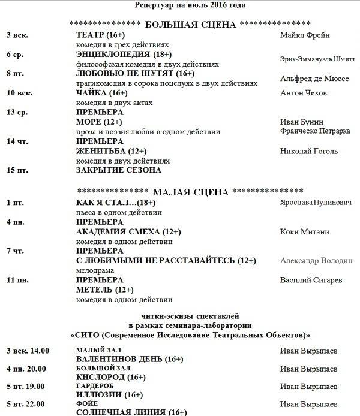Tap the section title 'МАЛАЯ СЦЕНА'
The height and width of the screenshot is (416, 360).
point(191,192)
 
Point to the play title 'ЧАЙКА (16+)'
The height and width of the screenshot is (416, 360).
point(102,93)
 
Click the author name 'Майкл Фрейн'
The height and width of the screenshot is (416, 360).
point(305,35)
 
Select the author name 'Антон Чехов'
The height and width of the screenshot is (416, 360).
point(304,93)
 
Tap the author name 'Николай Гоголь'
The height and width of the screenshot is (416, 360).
point(309,151)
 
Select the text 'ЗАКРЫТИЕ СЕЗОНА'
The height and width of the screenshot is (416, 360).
point(119,170)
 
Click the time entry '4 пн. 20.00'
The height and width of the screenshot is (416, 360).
point(28,367)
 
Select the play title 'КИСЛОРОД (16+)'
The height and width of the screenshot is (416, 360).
point(111,377)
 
